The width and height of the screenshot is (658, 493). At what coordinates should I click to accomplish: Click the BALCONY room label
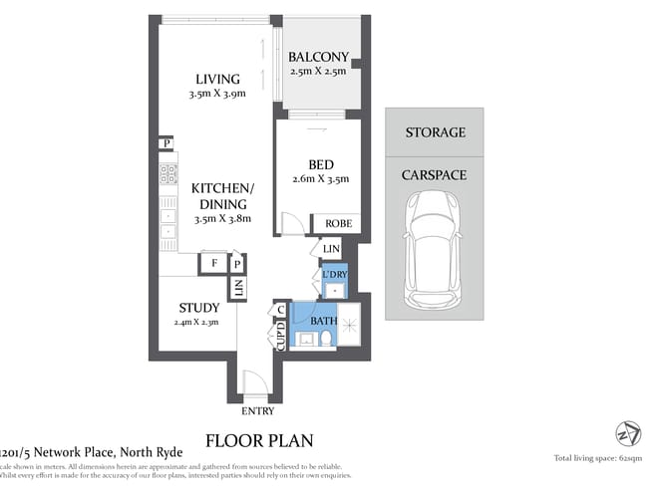317,57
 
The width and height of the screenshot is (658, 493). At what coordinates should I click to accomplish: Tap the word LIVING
217,80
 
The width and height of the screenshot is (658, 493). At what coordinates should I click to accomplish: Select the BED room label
320,164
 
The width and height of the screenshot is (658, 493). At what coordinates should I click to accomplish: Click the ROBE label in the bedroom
335,224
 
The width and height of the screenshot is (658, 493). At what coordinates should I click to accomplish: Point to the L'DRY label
333,274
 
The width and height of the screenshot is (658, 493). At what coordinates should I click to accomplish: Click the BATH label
324,321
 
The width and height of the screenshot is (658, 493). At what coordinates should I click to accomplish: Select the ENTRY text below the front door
257,411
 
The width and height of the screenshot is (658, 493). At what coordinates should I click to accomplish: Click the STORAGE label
435,132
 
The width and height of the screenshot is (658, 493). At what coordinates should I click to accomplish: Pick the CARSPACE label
434,174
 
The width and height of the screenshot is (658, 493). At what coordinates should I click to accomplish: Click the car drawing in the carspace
434,249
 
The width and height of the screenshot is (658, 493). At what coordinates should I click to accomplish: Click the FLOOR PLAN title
259,439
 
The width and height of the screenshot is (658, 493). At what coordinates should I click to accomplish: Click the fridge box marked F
212,264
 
